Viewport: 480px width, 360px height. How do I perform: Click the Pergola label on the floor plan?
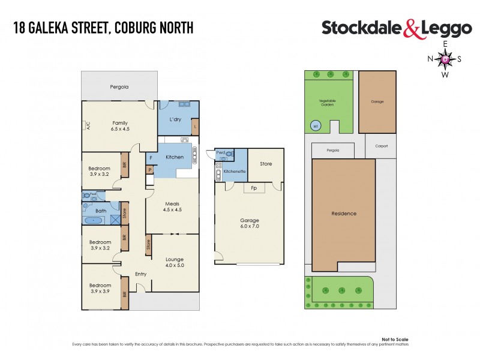[x=119, y=87]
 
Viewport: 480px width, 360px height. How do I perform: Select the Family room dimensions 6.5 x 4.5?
[x=120, y=129]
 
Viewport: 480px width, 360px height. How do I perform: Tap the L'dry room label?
[x=175, y=119]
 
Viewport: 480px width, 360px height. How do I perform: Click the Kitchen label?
[x=175, y=157]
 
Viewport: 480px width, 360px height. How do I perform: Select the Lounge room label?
[x=175, y=259]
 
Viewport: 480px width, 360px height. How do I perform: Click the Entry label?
[x=140, y=274]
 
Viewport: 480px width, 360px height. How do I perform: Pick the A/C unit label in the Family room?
[x=87, y=126]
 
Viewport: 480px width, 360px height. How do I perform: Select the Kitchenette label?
[x=233, y=172]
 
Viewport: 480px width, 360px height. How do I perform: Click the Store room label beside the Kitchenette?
[x=266, y=163]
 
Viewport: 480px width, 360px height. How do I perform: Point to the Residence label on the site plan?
[x=344, y=214]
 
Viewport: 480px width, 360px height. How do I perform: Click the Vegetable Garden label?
[x=327, y=103]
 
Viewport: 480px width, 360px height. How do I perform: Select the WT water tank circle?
[x=316, y=126]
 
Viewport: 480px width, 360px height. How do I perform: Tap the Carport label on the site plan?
[x=381, y=146]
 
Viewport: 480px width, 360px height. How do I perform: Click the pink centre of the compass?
[x=445, y=59]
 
